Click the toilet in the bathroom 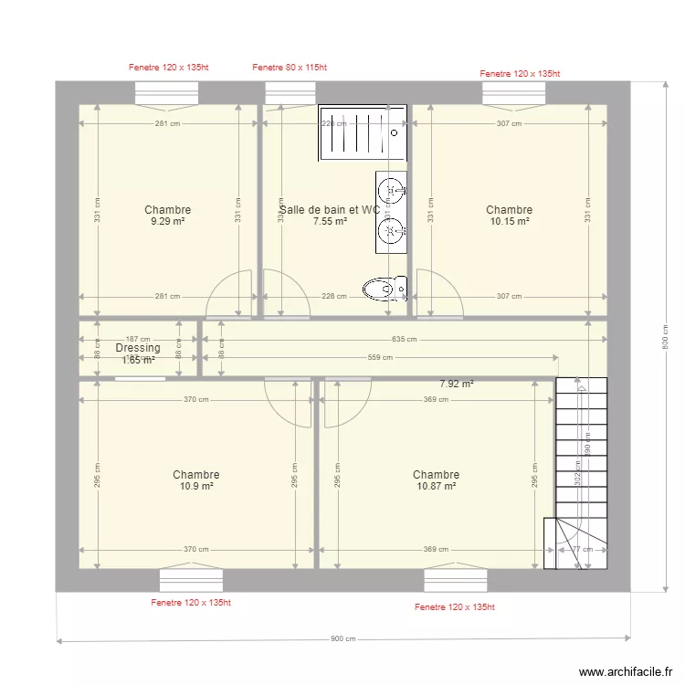(x=384, y=290)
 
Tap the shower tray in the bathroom (x=362, y=132)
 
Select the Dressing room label (x=138, y=348)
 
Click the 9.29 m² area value (x=167, y=221)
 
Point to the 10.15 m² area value (x=509, y=221)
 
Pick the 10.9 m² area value (x=195, y=486)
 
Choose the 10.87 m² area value (x=436, y=486)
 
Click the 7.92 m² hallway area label (x=457, y=385)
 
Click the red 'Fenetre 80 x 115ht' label (x=289, y=68)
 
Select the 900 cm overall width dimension (x=342, y=639)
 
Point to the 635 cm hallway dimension (x=404, y=339)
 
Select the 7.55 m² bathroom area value (x=330, y=221)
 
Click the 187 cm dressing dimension (x=138, y=338)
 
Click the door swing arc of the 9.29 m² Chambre (x=230, y=292)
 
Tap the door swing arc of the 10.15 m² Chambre (x=441, y=292)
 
